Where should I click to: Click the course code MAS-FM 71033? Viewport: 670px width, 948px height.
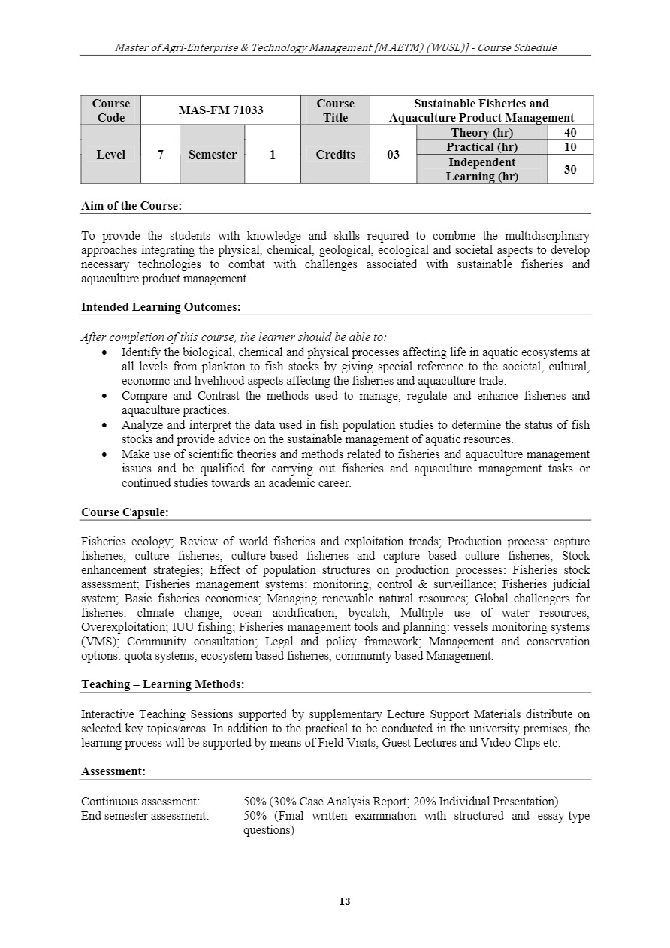click(220, 110)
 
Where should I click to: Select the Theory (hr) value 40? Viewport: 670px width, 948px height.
click(570, 133)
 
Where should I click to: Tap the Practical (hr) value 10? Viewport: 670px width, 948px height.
click(570, 147)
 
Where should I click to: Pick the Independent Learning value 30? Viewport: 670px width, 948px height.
click(570, 169)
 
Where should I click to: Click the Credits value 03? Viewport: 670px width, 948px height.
click(393, 155)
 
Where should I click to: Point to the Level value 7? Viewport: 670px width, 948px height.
click(160, 155)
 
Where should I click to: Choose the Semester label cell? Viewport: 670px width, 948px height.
click(212, 155)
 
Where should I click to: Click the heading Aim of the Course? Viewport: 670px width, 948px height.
click(131, 205)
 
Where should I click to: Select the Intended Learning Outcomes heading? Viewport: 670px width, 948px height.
click(161, 306)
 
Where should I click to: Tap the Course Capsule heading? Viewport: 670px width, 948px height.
click(125, 512)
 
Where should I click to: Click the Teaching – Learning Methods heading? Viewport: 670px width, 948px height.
click(162, 684)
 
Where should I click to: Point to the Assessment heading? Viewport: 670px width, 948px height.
click(113, 771)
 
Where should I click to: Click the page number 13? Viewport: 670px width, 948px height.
click(345, 901)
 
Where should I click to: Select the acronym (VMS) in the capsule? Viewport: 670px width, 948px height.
click(101, 642)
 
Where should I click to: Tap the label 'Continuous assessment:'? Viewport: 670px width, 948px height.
click(140, 802)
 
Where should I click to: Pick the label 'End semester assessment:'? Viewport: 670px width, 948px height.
click(145, 816)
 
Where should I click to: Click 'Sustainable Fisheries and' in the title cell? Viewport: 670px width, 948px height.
click(481, 104)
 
